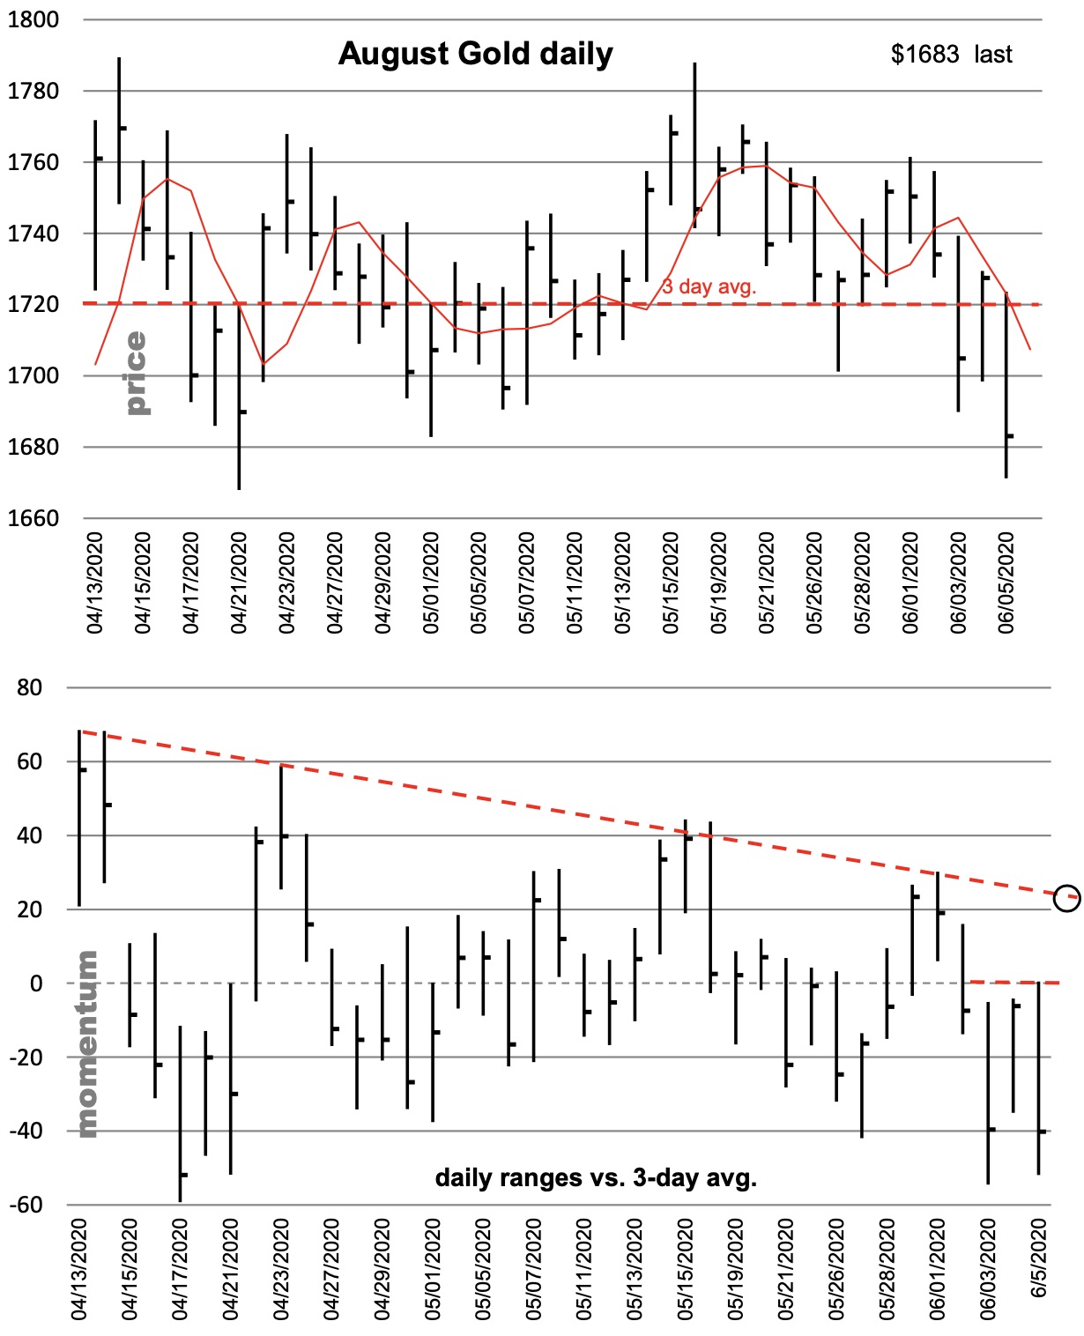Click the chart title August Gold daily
pyautogui.click(x=475, y=55)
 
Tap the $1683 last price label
pyautogui.click(x=951, y=55)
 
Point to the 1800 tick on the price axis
pyautogui.click(x=33, y=19)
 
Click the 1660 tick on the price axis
pyautogui.click(x=33, y=518)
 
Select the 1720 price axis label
pyautogui.click(x=33, y=304)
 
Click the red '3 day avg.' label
pyautogui.click(x=709, y=286)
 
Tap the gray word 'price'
pyautogui.click(x=136, y=372)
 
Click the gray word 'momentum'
pyautogui.click(x=87, y=1043)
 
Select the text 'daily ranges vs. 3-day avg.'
pyautogui.click(x=596, y=1177)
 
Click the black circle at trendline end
pyautogui.click(x=1067, y=898)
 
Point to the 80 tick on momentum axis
pyautogui.click(x=30, y=687)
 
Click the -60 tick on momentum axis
pyautogui.click(x=26, y=1205)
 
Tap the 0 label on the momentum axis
pyautogui.click(x=36, y=983)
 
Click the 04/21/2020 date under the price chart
pyautogui.click(x=239, y=583)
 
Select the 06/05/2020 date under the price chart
pyautogui.click(x=1006, y=583)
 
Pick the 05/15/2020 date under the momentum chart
pyautogui.click(x=686, y=1269)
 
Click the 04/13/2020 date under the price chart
pyautogui.click(x=95, y=583)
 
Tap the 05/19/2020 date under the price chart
pyautogui.click(x=719, y=583)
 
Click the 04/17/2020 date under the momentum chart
pyautogui.click(x=180, y=1269)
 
